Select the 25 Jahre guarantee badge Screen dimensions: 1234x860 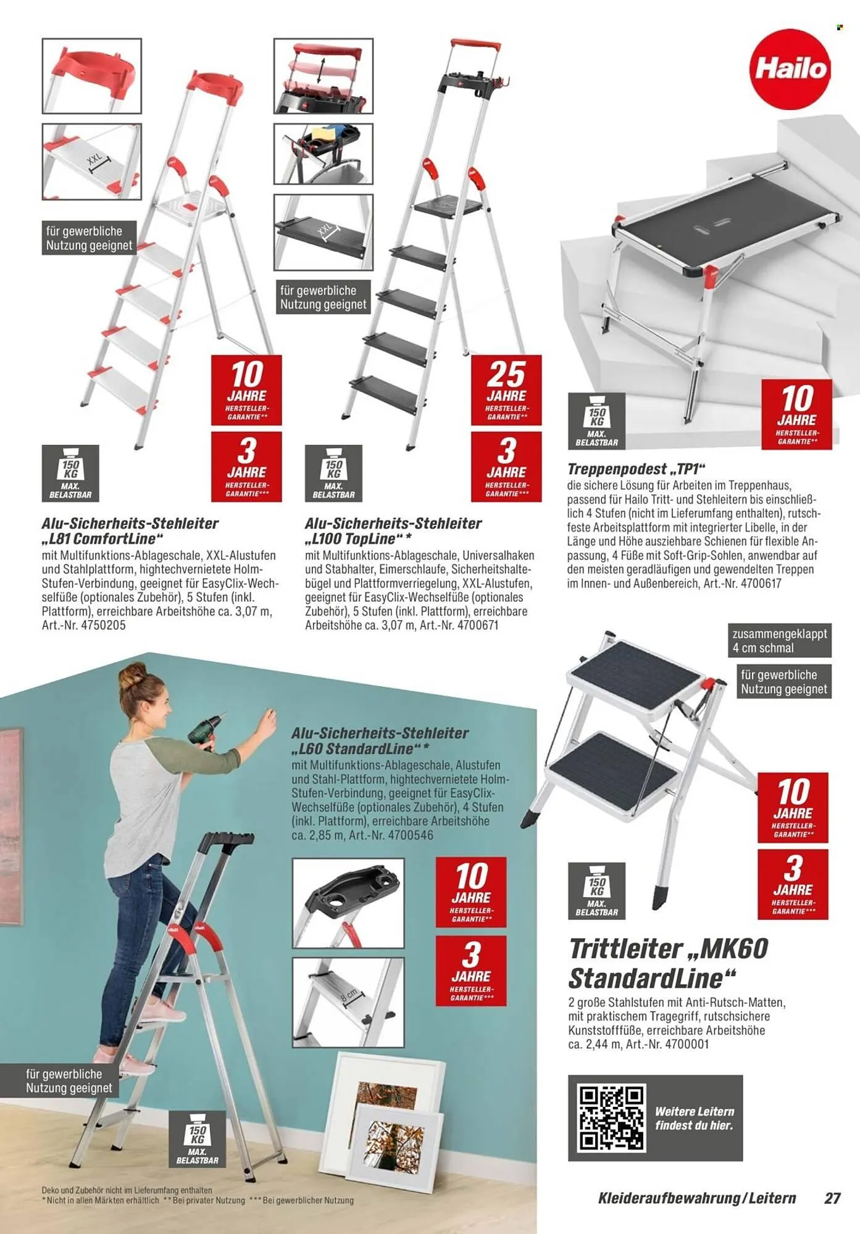(506, 389)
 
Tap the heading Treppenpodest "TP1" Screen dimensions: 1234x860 (636, 469)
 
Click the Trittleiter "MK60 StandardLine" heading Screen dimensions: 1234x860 (668, 963)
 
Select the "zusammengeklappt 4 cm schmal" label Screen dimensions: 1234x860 (780, 640)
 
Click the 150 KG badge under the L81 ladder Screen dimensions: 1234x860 (70, 472)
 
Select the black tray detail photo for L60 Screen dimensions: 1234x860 (348, 902)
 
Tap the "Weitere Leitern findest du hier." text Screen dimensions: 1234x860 (695, 1118)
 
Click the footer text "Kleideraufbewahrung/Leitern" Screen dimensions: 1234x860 (696, 1198)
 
